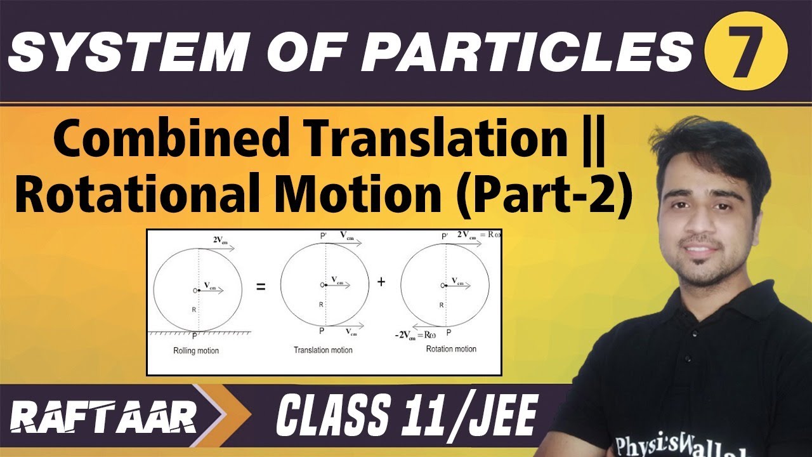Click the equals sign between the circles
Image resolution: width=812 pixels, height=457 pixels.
(x=260, y=286)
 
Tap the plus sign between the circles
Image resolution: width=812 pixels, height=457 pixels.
(x=381, y=281)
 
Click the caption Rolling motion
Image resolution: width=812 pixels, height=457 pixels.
(x=196, y=350)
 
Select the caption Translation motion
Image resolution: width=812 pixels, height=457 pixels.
(x=323, y=350)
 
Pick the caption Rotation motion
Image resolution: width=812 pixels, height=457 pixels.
(x=451, y=349)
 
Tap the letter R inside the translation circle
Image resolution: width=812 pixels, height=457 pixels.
(x=321, y=305)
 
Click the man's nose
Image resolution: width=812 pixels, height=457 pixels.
(x=698, y=229)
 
